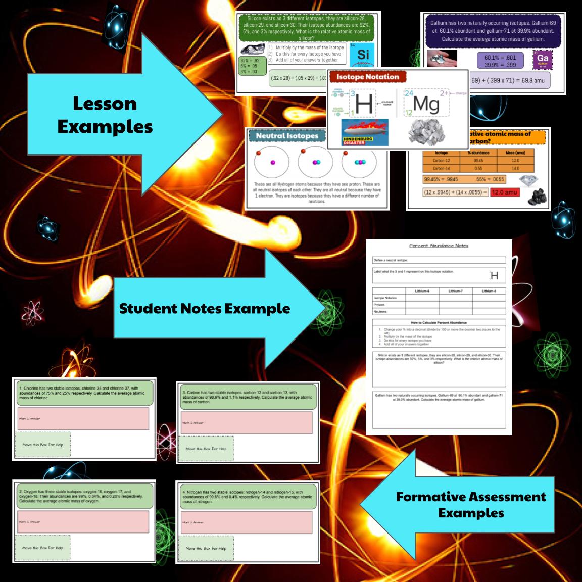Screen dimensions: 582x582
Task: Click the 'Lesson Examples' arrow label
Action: click(105, 115)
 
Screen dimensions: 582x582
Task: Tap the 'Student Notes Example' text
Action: click(204, 308)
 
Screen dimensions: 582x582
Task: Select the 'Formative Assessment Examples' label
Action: click(470, 504)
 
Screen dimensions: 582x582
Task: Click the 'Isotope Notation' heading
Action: click(367, 77)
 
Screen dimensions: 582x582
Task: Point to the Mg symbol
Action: click(425, 104)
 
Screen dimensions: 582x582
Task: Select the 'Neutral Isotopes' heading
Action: click(287, 136)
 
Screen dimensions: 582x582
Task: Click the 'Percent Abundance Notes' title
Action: click(439, 246)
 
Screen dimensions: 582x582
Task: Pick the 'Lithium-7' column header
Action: click(455, 291)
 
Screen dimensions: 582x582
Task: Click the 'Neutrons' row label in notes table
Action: click(380, 312)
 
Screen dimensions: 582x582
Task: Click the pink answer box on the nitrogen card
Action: click(249, 522)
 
